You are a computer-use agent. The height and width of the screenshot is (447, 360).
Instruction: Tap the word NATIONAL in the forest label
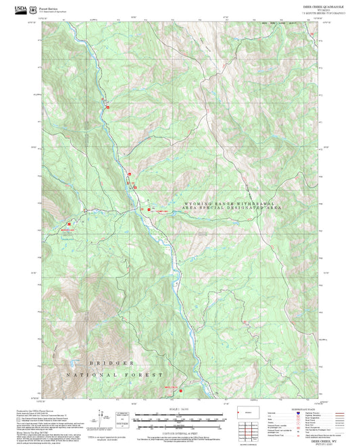coord(90,375)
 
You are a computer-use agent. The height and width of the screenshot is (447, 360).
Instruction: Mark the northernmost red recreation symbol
coord(108,107)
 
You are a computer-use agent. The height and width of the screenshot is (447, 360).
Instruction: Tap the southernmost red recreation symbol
coord(180,388)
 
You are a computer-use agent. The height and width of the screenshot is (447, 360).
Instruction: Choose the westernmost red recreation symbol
coord(70,222)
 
